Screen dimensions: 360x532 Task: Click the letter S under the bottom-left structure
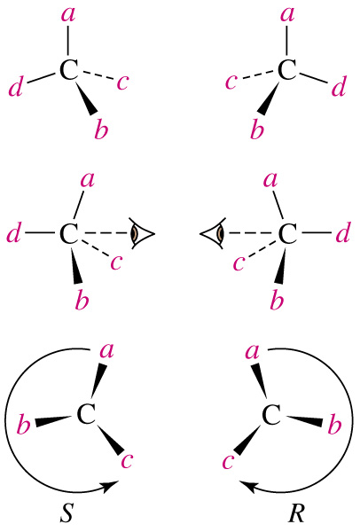click(x=67, y=513)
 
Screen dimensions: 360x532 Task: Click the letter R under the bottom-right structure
click(x=296, y=513)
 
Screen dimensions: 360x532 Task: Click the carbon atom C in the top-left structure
click(x=69, y=70)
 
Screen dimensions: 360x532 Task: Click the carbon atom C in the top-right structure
click(x=287, y=70)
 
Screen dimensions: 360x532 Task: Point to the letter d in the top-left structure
click(x=16, y=86)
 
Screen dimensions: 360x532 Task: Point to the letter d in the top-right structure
click(x=339, y=86)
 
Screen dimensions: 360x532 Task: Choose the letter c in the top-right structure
click(x=231, y=82)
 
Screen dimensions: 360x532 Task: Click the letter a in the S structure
click(x=106, y=351)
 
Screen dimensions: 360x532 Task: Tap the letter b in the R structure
click(x=334, y=424)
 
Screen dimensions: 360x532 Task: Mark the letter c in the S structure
click(x=127, y=461)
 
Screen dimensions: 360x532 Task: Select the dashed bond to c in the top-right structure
click(x=259, y=76)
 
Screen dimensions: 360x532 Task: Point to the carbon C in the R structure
click(x=271, y=415)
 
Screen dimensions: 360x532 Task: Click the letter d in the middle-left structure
click(x=13, y=233)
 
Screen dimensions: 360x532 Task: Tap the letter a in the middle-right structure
click(x=270, y=180)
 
